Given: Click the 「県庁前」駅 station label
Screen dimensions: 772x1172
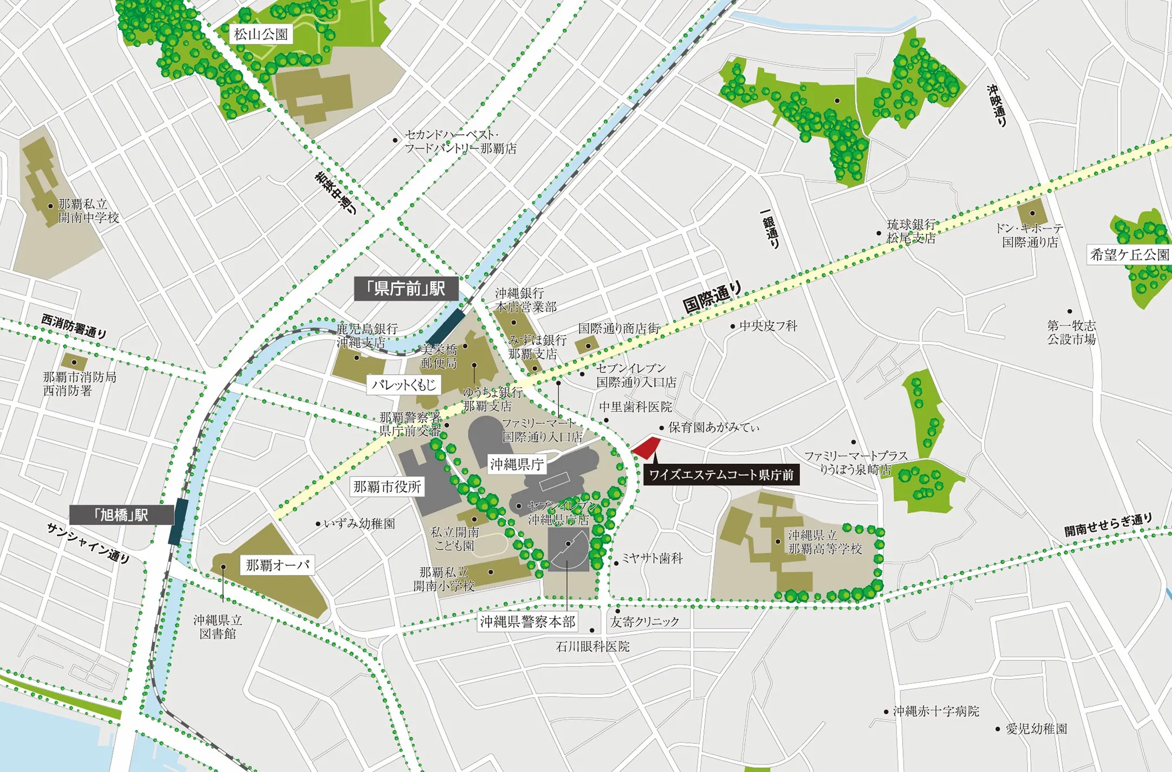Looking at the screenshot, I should click(x=406, y=289).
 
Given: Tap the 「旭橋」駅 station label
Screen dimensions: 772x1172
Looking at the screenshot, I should click(x=122, y=515).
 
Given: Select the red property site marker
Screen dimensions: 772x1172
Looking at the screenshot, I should click(x=647, y=448).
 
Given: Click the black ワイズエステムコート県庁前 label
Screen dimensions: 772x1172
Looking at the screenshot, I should click(x=721, y=475).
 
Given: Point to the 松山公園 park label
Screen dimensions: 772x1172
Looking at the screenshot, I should click(x=261, y=35).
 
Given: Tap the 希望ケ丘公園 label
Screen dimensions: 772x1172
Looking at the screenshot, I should click(x=1129, y=254).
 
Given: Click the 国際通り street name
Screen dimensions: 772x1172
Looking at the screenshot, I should click(x=711, y=297).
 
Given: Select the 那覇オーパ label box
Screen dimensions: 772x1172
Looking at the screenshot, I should click(x=277, y=565).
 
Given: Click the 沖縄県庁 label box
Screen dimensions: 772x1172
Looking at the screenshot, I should click(x=516, y=464).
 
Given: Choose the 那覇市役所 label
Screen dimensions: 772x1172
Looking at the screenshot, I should click(x=387, y=487).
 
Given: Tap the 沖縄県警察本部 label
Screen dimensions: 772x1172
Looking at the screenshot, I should click(x=528, y=621).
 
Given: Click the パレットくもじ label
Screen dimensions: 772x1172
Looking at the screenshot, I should click(x=403, y=385).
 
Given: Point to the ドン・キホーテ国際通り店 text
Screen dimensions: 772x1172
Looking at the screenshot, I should click(x=1029, y=235).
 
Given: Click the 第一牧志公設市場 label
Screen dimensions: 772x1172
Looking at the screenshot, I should click(x=1071, y=332).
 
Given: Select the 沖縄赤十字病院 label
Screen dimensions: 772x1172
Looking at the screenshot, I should click(x=935, y=711).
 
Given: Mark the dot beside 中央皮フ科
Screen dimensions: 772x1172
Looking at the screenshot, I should click(x=733, y=326).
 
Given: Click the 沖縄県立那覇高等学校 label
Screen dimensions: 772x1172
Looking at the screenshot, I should click(x=824, y=542).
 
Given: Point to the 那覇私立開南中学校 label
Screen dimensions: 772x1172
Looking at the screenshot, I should click(x=88, y=211).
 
